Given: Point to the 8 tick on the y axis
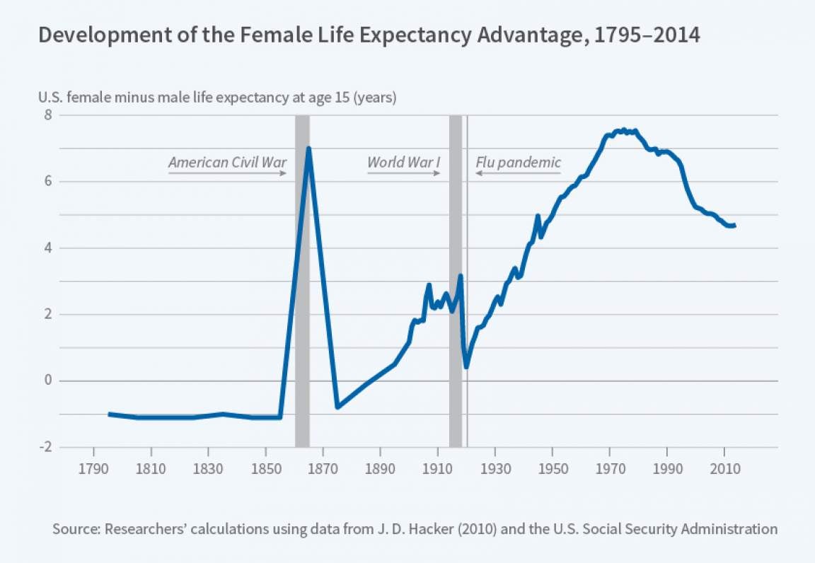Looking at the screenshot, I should (x=48, y=115).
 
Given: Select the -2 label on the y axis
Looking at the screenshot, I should (x=45, y=447).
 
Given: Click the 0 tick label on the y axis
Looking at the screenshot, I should (x=48, y=381).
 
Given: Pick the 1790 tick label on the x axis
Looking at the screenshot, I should (x=93, y=470).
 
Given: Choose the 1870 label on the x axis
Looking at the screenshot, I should (x=323, y=470).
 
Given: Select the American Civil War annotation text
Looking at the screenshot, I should (x=227, y=163).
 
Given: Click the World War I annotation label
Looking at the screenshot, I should (x=403, y=163).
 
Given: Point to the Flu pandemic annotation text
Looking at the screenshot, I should (x=518, y=163).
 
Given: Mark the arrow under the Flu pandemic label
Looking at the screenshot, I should (x=518, y=173).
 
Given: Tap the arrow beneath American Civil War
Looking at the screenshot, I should (x=227, y=173).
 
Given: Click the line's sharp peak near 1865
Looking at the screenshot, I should (x=308, y=149).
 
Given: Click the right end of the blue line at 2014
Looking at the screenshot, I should (x=735, y=226).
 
